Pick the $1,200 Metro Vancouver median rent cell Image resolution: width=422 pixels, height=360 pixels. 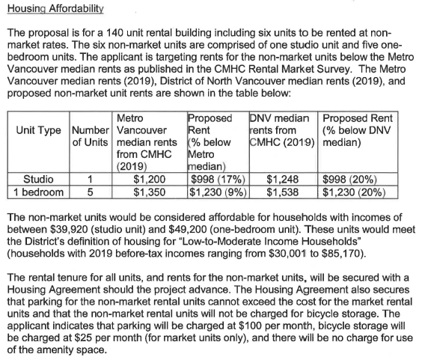pyautogui.click(x=148, y=180)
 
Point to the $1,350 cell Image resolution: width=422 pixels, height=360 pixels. pyautogui.click(x=148, y=191)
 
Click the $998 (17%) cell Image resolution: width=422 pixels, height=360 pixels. pyautogui.click(x=215, y=180)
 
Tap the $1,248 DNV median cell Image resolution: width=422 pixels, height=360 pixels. pyautogui.click(x=283, y=180)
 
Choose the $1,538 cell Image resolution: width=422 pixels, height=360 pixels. pyautogui.click(x=283, y=191)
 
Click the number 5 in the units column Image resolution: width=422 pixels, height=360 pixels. pyautogui.click(x=90, y=191)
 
